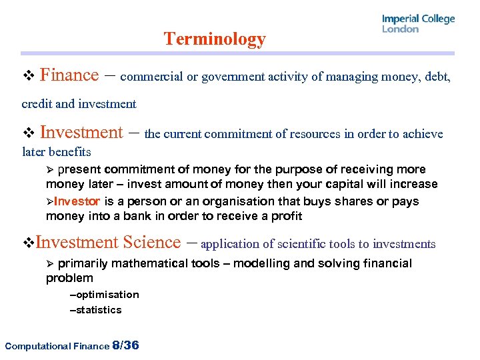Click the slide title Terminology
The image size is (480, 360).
click(x=215, y=39)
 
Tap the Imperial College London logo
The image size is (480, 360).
click(x=418, y=23)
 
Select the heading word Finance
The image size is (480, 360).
click(x=69, y=75)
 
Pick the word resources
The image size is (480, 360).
click(x=314, y=134)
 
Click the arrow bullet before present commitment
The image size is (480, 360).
click(x=50, y=170)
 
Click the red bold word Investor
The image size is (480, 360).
click(x=77, y=201)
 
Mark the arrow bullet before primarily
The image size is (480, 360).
click(x=50, y=264)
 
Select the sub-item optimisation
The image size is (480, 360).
click(x=107, y=295)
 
